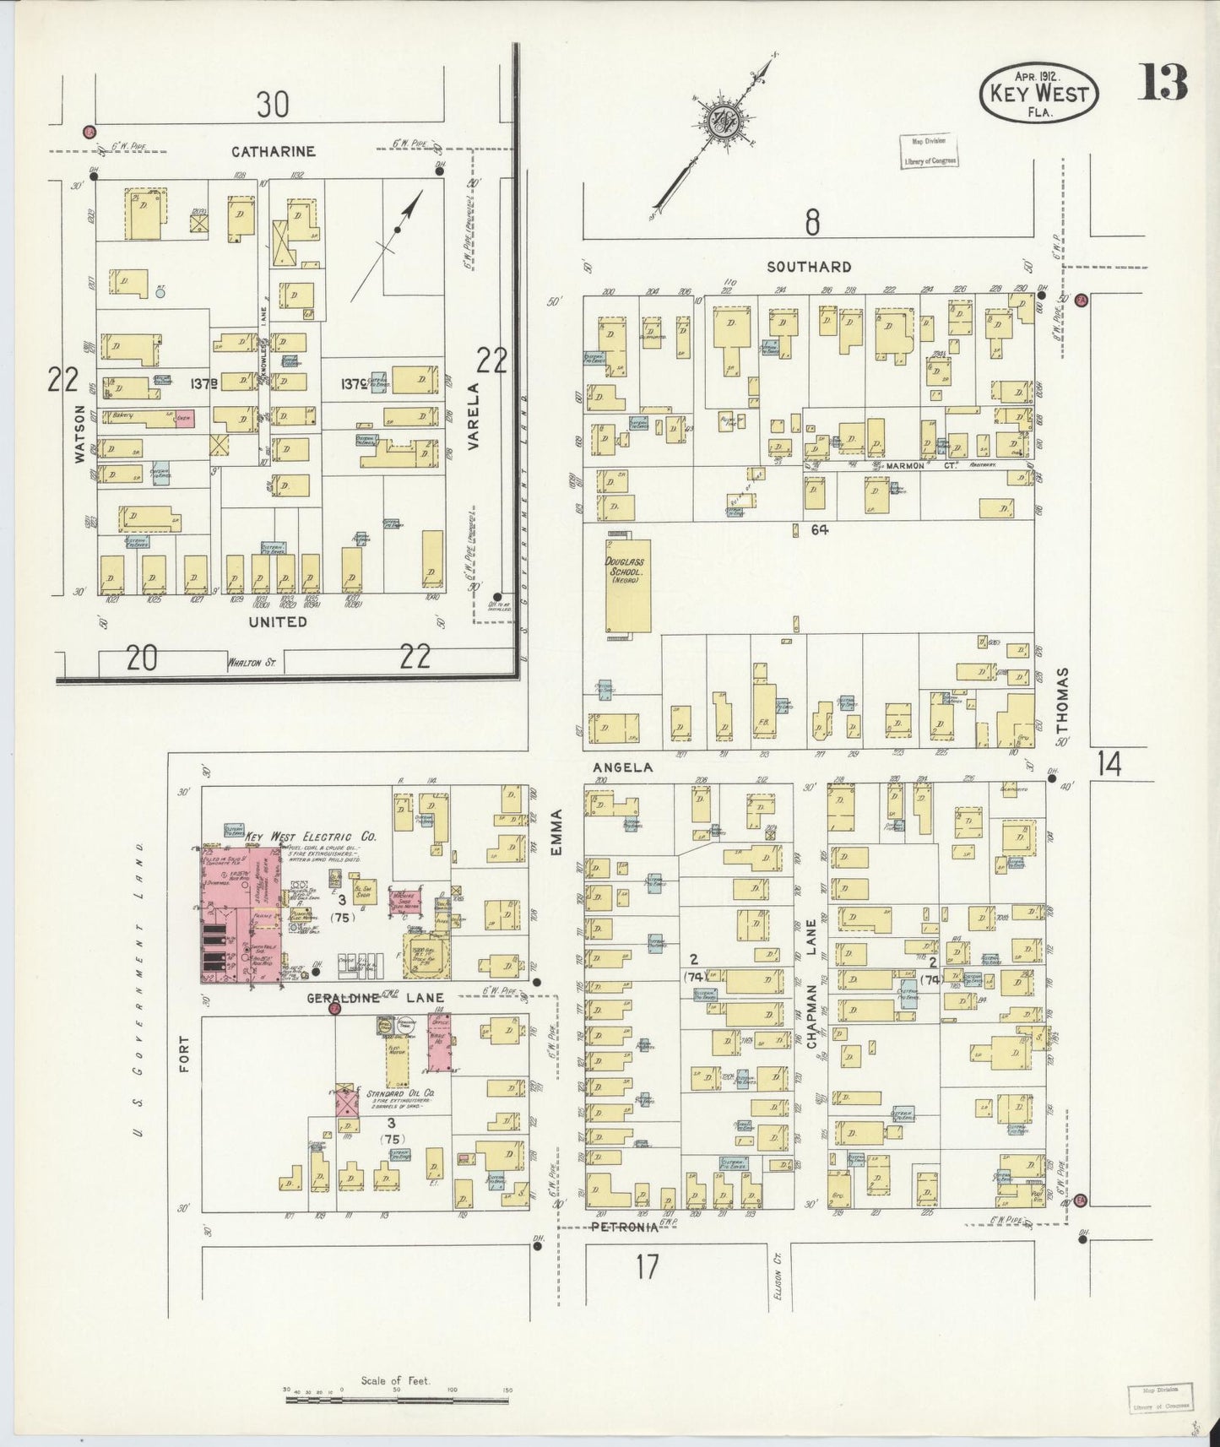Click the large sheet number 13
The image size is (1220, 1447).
pos(1164,82)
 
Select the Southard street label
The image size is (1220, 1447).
pos(809,267)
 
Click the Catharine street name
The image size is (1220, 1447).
pos(274,151)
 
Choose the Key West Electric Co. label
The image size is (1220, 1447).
pos(311,836)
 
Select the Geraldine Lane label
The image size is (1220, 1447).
pos(375,997)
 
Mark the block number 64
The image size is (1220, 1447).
pos(819,530)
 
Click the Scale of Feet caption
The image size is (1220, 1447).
pos(395,1381)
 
